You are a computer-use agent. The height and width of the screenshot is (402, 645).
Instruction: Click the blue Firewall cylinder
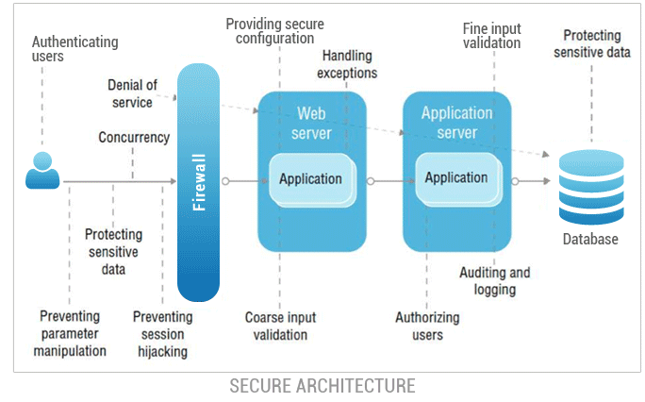point(199,179)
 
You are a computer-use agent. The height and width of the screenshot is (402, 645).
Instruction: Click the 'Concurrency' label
point(134,138)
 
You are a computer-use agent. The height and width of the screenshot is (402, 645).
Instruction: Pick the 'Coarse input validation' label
point(281,327)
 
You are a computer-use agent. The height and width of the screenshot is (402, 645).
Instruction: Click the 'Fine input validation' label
point(491,35)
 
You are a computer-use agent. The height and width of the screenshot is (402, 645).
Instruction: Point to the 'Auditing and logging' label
point(494,281)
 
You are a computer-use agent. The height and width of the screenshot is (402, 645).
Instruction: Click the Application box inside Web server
point(312,178)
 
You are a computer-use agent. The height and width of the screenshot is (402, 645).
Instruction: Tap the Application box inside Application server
point(456,177)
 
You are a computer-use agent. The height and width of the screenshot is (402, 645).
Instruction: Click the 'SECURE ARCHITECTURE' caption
point(322,386)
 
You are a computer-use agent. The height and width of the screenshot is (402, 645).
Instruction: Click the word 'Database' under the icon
point(590,240)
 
